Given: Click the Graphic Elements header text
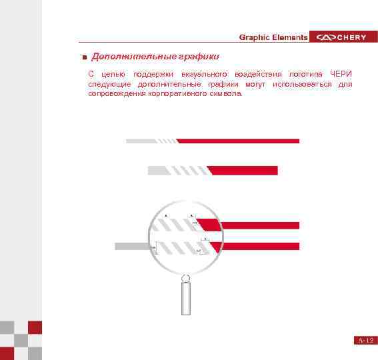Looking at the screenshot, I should point(273,37).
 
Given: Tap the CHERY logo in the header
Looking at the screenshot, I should point(342,37).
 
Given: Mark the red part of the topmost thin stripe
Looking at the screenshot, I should point(240,141).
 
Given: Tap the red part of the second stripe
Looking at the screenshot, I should point(245,171).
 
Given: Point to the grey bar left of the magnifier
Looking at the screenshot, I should point(129,246).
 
